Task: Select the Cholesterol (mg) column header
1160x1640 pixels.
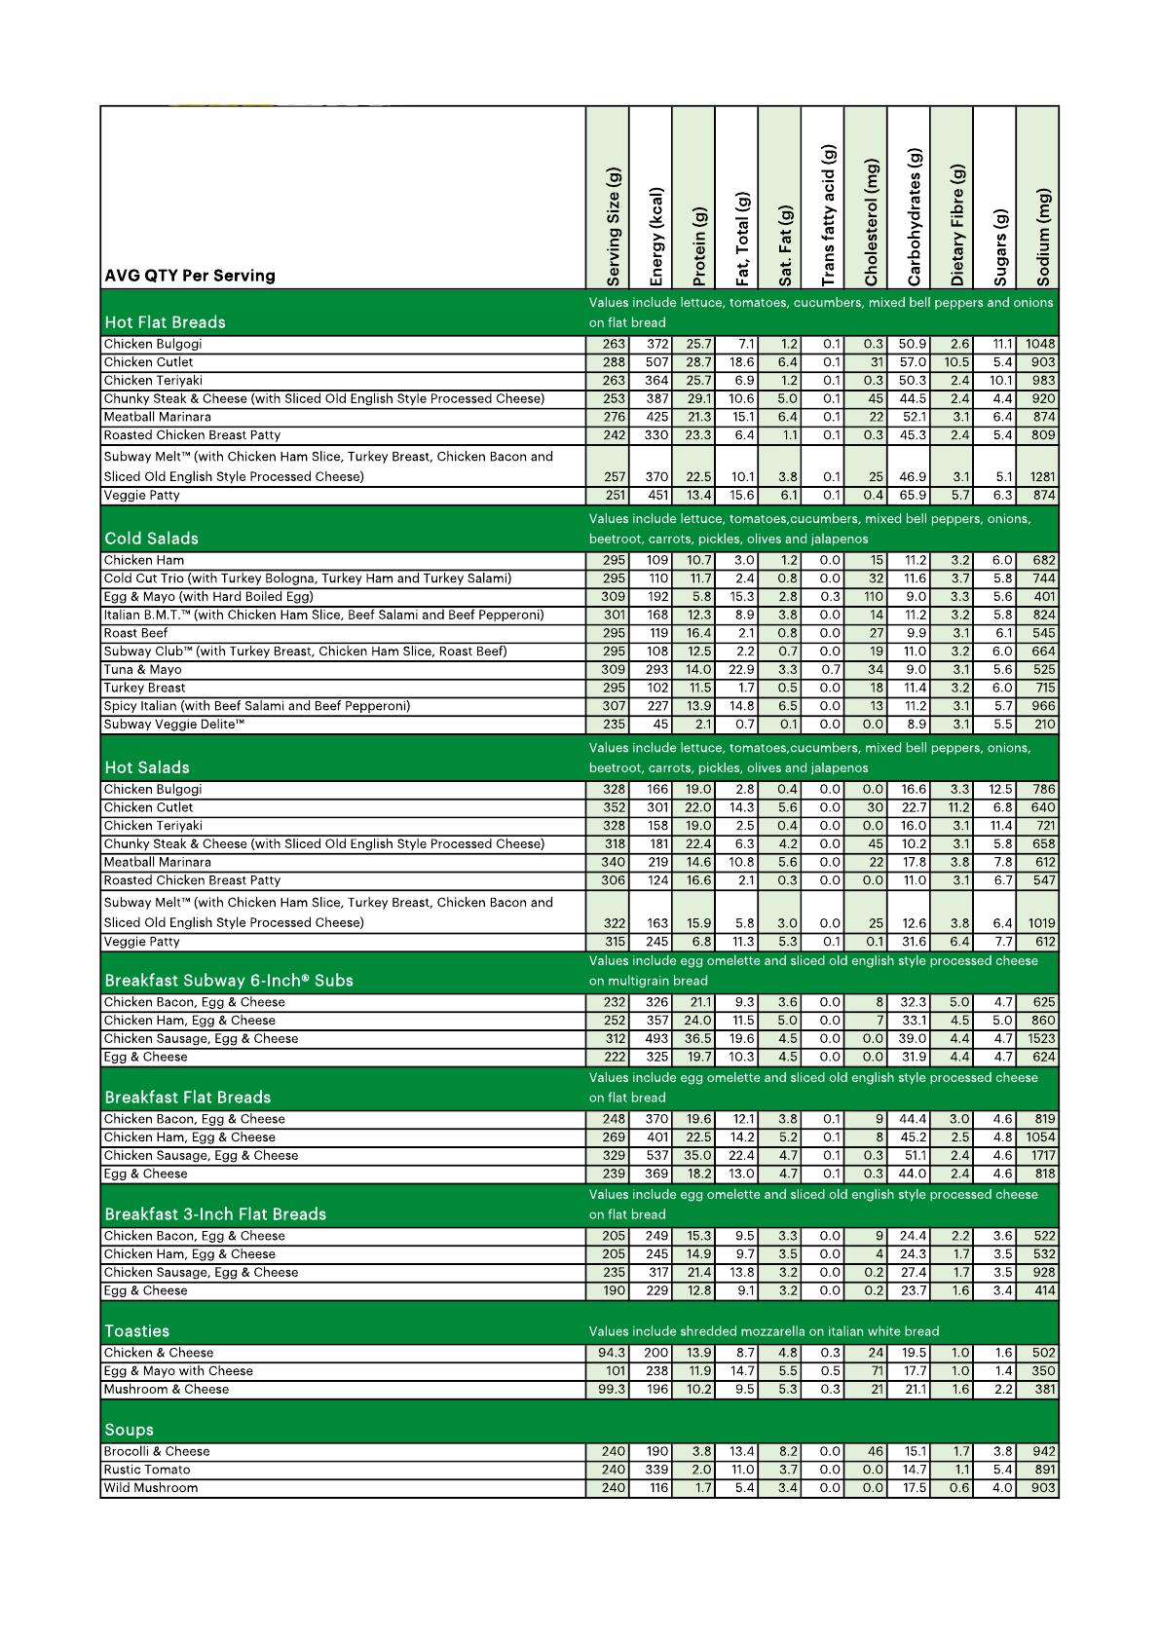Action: (871, 222)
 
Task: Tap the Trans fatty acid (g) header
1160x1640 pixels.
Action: (828, 215)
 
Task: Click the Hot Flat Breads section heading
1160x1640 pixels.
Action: (165, 322)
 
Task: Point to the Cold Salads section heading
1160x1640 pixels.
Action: (151, 539)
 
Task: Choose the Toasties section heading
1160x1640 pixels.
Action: (136, 1331)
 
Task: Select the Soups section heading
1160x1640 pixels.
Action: (129, 1430)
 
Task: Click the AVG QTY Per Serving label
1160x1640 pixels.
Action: (190, 276)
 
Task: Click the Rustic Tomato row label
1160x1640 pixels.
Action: (147, 1470)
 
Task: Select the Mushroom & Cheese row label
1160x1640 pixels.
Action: (167, 1390)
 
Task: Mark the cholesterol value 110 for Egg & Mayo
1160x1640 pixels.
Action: (873, 597)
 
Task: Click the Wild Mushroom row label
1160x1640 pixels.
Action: (151, 1488)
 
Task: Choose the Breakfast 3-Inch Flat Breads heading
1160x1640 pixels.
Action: (215, 1214)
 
